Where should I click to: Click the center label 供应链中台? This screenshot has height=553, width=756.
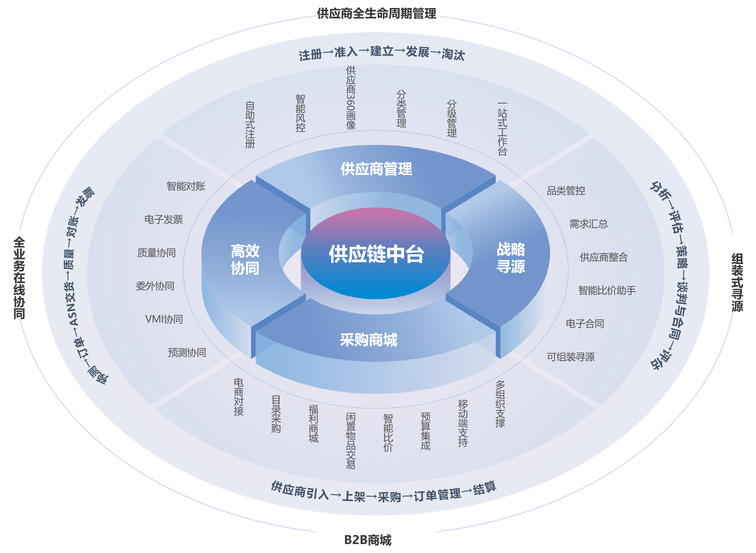coord(376,254)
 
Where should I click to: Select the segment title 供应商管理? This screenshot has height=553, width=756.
coord(376,169)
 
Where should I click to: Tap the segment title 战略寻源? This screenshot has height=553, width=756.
coord(510,258)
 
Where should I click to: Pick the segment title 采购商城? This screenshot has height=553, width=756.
coord(369,339)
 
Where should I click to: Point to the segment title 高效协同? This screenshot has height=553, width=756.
coord(245,259)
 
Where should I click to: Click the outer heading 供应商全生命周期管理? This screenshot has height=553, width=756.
coord(377,14)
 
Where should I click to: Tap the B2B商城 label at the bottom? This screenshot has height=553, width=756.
coord(368,540)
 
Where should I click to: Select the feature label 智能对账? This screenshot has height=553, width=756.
coord(186,186)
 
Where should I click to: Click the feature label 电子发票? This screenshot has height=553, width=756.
coord(163,219)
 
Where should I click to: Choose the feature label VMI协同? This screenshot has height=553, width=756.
coord(164,319)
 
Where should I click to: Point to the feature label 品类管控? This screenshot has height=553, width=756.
coord(566,190)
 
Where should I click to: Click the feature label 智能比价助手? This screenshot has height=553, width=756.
coord(607,290)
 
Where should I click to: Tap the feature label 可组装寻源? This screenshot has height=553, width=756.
coord(571,357)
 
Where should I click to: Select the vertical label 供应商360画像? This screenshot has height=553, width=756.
coord(351,98)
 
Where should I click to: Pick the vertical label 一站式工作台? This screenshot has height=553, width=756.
coord(502,129)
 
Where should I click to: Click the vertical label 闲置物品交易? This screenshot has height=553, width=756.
coord(351,440)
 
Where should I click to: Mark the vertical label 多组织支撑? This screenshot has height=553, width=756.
coord(500,404)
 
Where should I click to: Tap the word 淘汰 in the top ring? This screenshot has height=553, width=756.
coord(453,55)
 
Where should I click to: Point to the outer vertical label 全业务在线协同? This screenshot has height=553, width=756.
coord(19,278)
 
